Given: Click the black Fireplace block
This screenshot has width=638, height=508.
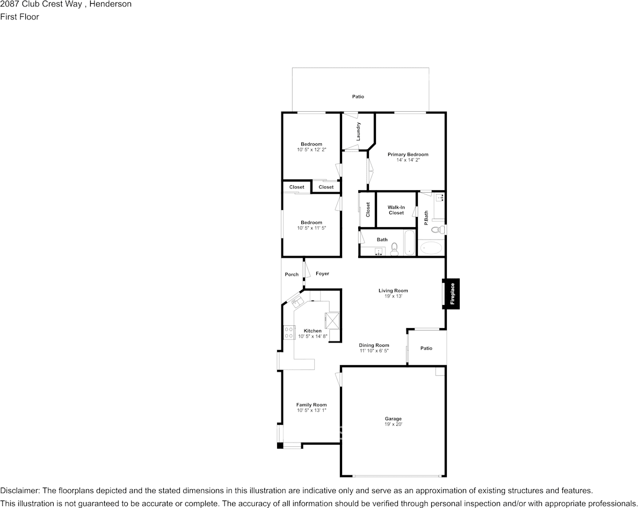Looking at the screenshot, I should (452, 294).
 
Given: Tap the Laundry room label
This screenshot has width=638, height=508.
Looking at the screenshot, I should (358, 132).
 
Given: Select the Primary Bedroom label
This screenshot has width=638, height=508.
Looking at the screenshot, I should (408, 154).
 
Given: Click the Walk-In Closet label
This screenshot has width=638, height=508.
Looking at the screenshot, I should (396, 210).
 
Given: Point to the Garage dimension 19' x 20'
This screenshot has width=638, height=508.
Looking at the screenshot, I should (393, 425).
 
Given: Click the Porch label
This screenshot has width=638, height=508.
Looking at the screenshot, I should (292, 274).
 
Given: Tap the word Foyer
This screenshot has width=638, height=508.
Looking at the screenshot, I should (322, 274).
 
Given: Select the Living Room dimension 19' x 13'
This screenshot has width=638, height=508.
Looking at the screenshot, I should (393, 296).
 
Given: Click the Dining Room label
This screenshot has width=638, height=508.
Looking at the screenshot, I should (374, 345).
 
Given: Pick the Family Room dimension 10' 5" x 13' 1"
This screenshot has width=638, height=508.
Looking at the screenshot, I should (311, 411).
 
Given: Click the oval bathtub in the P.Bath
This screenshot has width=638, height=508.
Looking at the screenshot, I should (431, 248).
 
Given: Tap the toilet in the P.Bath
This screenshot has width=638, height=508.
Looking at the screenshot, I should (438, 230).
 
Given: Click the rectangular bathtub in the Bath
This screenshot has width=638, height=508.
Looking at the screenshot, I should (409, 243).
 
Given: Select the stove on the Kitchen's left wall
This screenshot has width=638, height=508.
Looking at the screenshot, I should (288, 332).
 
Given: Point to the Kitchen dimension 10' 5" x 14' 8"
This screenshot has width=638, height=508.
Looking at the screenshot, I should (313, 337).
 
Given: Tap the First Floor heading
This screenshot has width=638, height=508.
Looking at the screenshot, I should (19, 17).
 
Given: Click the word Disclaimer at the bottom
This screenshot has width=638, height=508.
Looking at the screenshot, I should (19, 491).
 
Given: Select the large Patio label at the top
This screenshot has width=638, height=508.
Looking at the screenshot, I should (358, 97).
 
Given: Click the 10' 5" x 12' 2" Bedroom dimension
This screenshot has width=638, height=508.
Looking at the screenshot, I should (311, 150).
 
